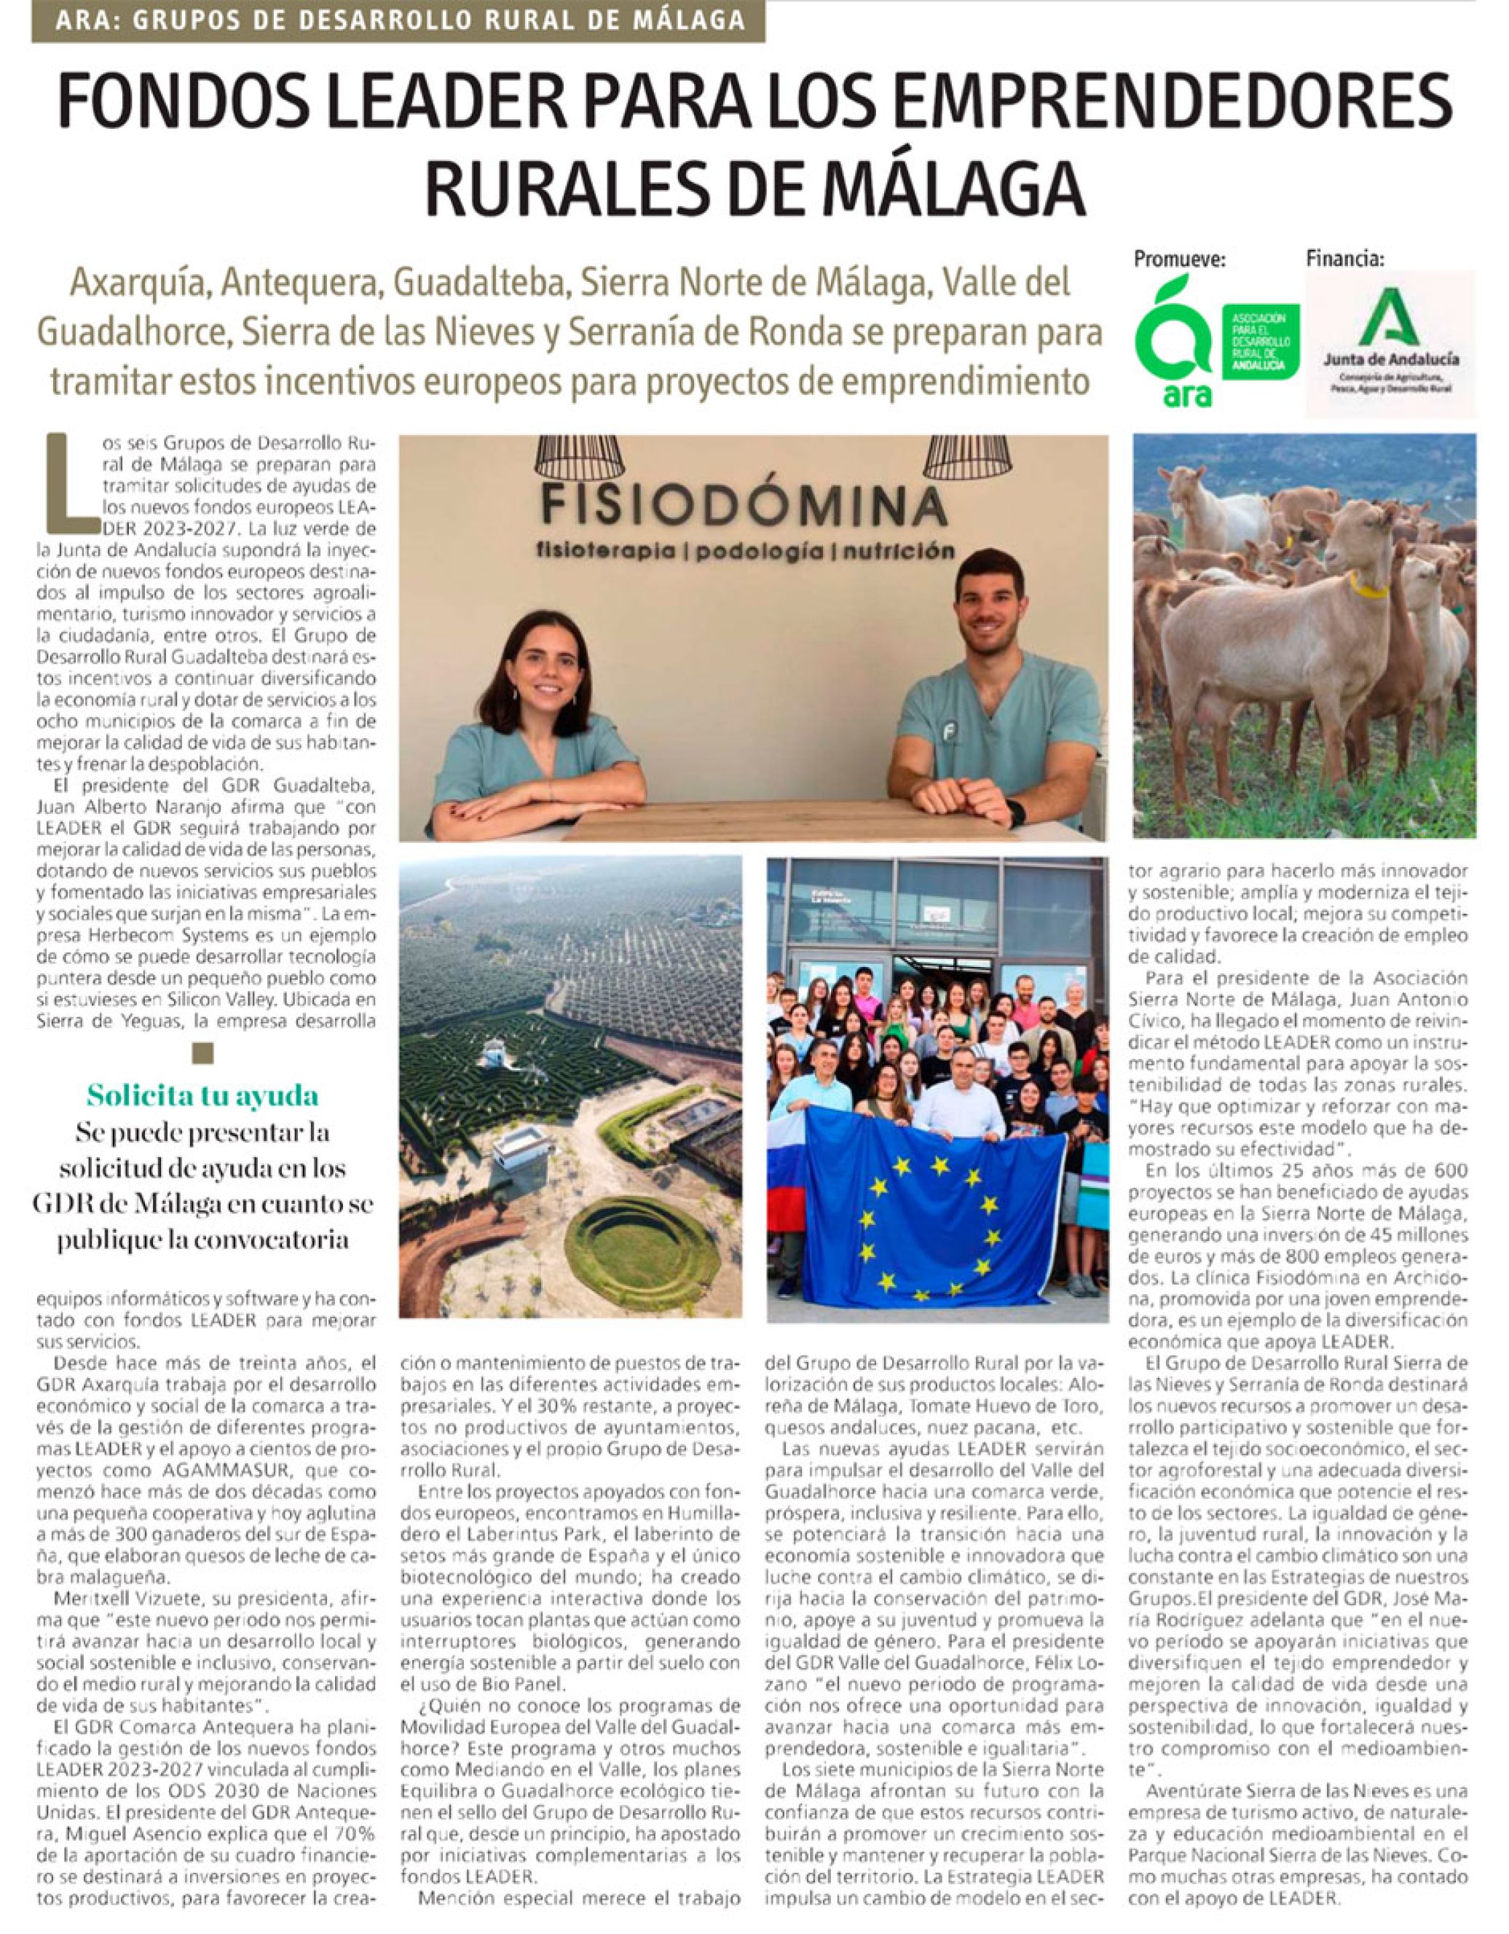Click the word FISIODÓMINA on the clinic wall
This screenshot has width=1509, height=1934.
[x=741, y=506]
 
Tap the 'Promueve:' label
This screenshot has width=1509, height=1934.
[x=1180, y=259]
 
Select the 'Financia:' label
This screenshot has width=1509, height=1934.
[x=1345, y=259]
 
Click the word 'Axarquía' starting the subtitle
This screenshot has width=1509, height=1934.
[x=138, y=283]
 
